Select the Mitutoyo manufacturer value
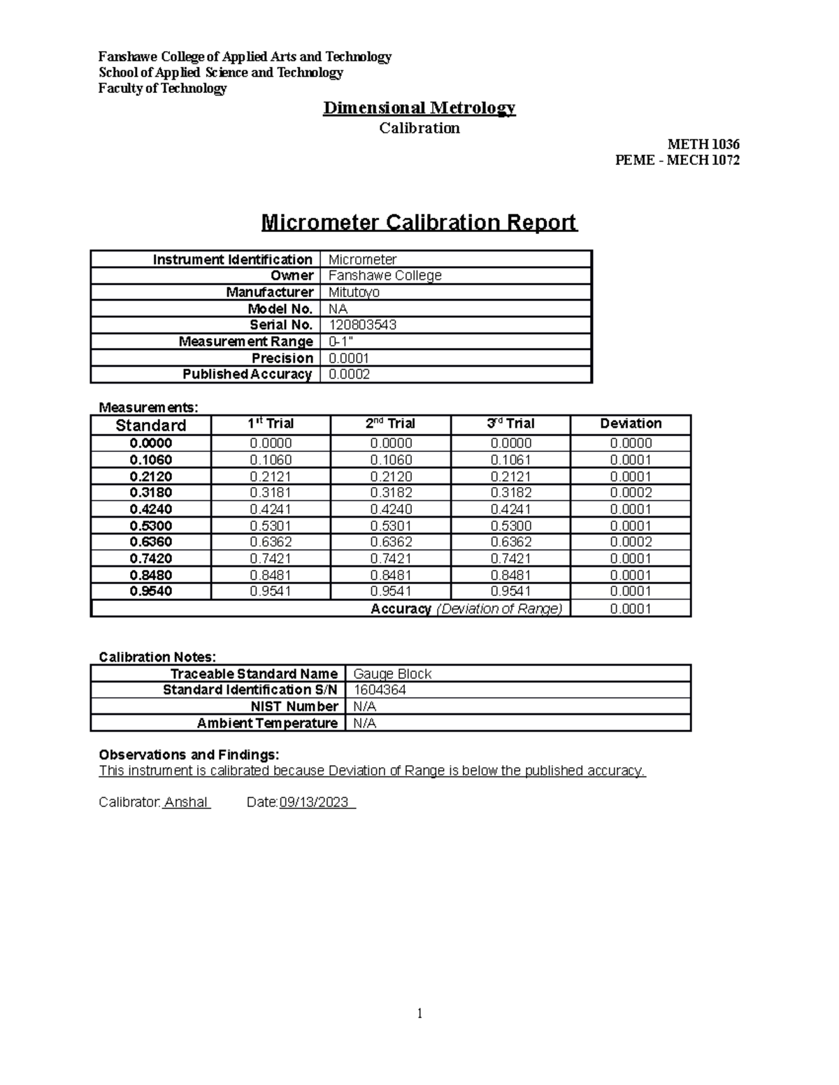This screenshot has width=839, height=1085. pos(354,292)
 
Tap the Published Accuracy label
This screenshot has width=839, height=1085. pos(247,374)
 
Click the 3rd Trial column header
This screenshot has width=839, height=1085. pos(510,423)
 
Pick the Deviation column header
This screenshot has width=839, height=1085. pos(631,423)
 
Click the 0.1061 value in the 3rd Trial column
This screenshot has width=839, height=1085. pos(511,460)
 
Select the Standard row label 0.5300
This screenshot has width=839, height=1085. pos(151,526)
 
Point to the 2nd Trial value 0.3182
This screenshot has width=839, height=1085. pos(391,493)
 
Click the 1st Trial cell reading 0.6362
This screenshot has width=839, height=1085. pos(271,542)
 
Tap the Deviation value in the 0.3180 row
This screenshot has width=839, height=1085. pos(631,493)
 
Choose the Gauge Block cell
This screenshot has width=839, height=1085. pos(392,674)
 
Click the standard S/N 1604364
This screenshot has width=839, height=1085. pos(380,690)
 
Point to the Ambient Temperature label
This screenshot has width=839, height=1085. pos(267,723)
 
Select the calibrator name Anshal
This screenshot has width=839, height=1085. pos(186,802)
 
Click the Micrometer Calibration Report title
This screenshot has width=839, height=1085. pos(419,223)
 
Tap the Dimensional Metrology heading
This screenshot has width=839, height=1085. pos(419,108)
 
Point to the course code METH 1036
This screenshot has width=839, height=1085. pos(703,145)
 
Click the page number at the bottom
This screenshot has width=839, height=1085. pos(419,1014)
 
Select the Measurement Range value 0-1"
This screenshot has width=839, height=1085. pos(340,342)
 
